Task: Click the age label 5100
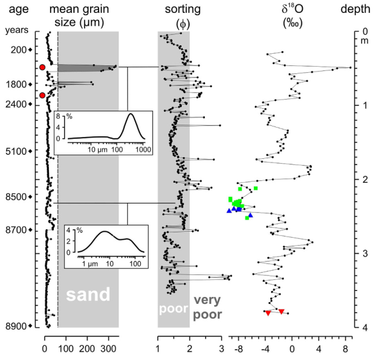[16, 152]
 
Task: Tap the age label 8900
[16, 326]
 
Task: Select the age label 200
[18, 50]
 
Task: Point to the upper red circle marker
[42, 67]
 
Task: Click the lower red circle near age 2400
[42, 95]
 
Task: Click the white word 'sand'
[88, 295]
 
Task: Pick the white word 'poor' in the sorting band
[173, 309]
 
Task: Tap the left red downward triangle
[268, 313]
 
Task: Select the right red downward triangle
[281, 312]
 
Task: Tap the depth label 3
[365, 254]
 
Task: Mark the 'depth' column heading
[355, 10]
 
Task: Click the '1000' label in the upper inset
[143, 150]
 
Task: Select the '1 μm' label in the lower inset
[90, 264]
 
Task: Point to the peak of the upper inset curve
[131, 114]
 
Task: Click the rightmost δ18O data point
[350, 68]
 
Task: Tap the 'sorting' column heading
[183, 10]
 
